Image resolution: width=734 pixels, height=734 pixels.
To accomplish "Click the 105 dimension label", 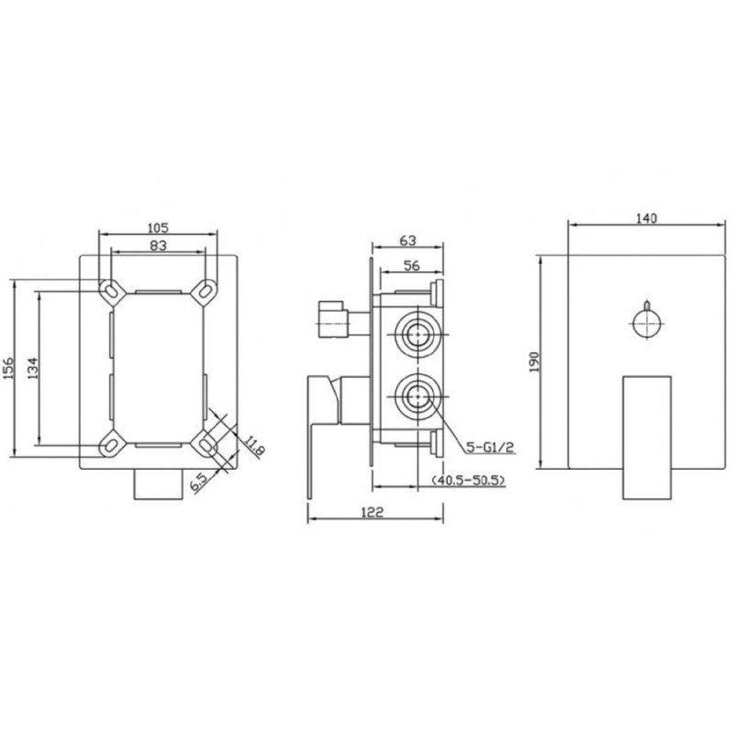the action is [158, 228].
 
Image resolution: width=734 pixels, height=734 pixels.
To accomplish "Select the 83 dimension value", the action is [159, 245].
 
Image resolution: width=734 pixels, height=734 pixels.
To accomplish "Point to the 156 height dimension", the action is [8, 369].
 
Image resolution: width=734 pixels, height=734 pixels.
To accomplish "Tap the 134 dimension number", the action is [32, 368].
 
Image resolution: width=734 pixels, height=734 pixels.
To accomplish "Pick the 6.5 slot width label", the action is [198, 482].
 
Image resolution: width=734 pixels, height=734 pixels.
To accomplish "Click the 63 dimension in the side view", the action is [407, 240].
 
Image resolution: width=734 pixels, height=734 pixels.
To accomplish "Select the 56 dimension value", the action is [411, 266].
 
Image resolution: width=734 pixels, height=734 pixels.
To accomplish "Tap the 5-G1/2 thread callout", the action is [491, 448].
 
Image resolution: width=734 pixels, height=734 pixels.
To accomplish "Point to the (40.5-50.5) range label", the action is [468, 480].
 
